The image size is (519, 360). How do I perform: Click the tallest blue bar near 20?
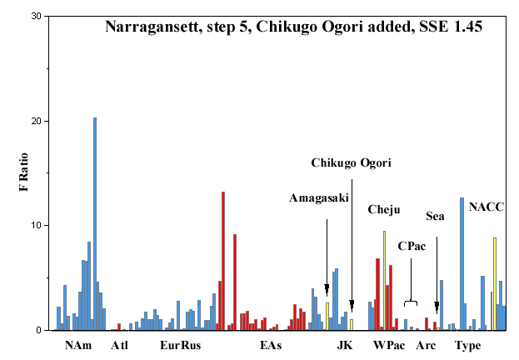[x=95, y=224]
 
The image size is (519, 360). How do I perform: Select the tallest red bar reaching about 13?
[x=223, y=261]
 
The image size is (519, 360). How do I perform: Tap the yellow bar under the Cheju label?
[x=384, y=281]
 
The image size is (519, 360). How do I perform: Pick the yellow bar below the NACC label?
[x=495, y=284]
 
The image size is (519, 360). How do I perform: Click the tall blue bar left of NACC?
[x=462, y=264]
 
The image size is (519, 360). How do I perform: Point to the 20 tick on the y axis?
[x=47, y=121]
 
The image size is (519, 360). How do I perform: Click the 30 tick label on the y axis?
[x=36, y=16]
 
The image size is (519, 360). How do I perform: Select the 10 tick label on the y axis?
[x=36, y=226]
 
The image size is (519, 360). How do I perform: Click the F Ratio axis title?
[x=24, y=172]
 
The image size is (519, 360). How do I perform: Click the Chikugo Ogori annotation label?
[x=352, y=163]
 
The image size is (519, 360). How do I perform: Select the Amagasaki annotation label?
[x=319, y=198]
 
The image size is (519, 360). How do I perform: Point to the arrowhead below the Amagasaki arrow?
[x=327, y=289]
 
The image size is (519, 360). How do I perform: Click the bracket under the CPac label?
[x=411, y=302]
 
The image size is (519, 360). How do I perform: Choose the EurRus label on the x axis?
[x=181, y=346]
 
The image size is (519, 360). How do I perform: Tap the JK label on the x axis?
[x=345, y=346]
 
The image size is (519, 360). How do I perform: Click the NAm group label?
[x=78, y=346]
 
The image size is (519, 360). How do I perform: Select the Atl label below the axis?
[x=119, y=346]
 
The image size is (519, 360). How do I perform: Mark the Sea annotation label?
[x=435, y=217]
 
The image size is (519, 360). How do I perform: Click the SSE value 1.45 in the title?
[x=468, y=27]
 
